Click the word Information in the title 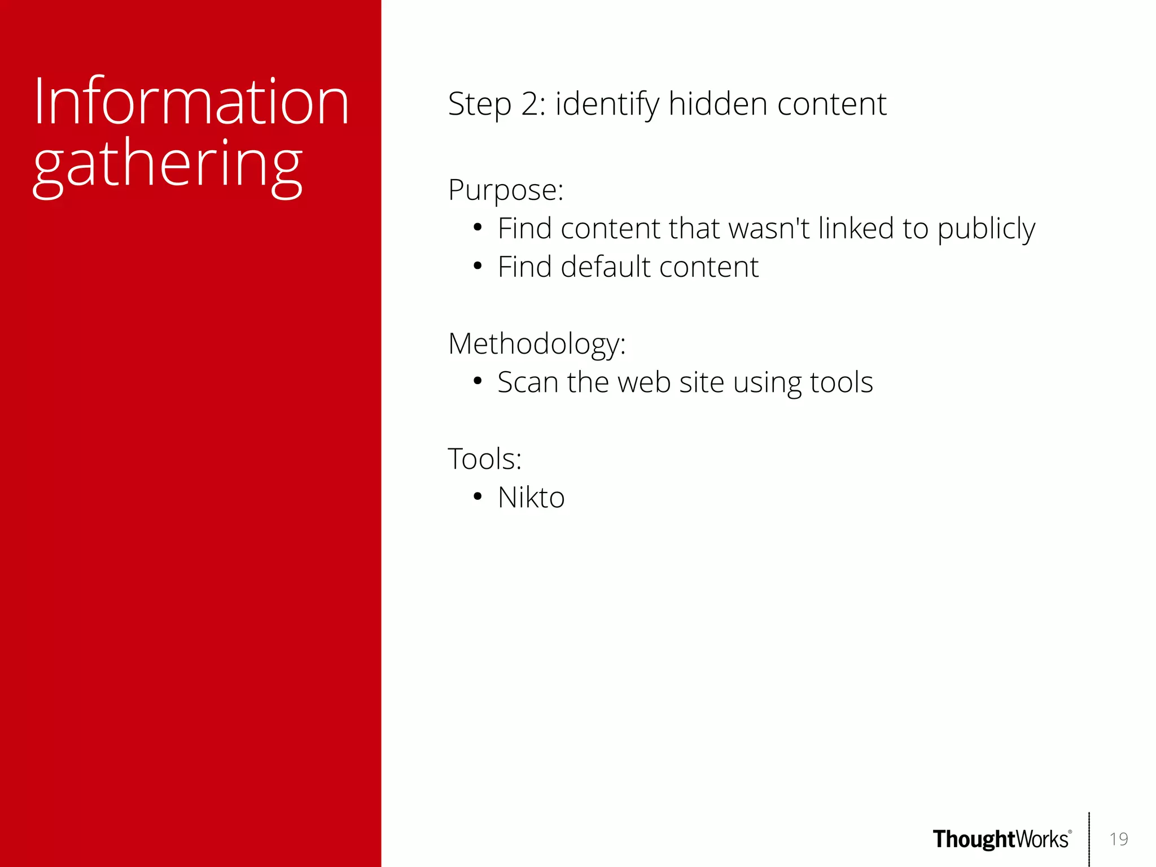tap(191, 102)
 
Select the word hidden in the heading tap(718, 104)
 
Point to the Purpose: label tap(506, 190)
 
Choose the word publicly tap(986, 229)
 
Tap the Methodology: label tap(537, 344)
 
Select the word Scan tap(528, 382)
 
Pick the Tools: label tap(484, 459)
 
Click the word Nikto tap(531, 498)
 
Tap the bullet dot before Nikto tap(478, 497)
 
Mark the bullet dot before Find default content tap(478, 266)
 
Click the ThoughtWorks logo tap(1001, 839)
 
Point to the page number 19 tap(1118, 839)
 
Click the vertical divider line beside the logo tap(1089, 839)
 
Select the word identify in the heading tap(607, 104)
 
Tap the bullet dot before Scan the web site tap(478, 381)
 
